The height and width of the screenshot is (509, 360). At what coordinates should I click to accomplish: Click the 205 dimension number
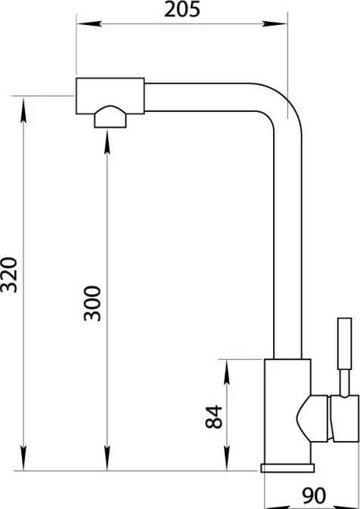point(182,10)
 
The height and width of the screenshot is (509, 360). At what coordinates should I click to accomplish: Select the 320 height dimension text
point(9,275)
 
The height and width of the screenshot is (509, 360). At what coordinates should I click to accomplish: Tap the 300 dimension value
point(92,303)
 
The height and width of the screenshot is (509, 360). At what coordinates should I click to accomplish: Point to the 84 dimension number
point(214,417)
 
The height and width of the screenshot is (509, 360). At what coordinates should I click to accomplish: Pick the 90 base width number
point(314,495)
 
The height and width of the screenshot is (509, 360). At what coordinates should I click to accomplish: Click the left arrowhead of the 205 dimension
point(89,23)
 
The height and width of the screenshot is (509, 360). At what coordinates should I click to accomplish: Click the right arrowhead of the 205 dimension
point(275,23)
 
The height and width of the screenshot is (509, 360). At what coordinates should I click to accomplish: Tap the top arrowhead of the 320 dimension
point(23,110)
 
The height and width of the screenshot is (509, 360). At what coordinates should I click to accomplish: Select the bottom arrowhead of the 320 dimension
point(23,458)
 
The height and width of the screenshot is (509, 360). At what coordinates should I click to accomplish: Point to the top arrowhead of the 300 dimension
point(107,141)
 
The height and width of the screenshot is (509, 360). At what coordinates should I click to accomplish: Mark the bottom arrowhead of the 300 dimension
point(107,458)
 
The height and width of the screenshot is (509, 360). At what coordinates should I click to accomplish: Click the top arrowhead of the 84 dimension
point(227,372)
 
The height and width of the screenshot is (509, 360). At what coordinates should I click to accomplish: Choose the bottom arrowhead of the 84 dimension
point(227,458)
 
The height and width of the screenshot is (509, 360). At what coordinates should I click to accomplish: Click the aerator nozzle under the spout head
point(110,116)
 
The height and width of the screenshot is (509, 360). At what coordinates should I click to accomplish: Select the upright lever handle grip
point(344,343)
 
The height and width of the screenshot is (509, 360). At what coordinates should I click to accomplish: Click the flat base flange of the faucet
point(287,468)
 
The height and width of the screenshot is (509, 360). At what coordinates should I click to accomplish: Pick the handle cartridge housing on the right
point(345,418)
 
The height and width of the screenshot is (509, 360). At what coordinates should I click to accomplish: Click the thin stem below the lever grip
point(344,383)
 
